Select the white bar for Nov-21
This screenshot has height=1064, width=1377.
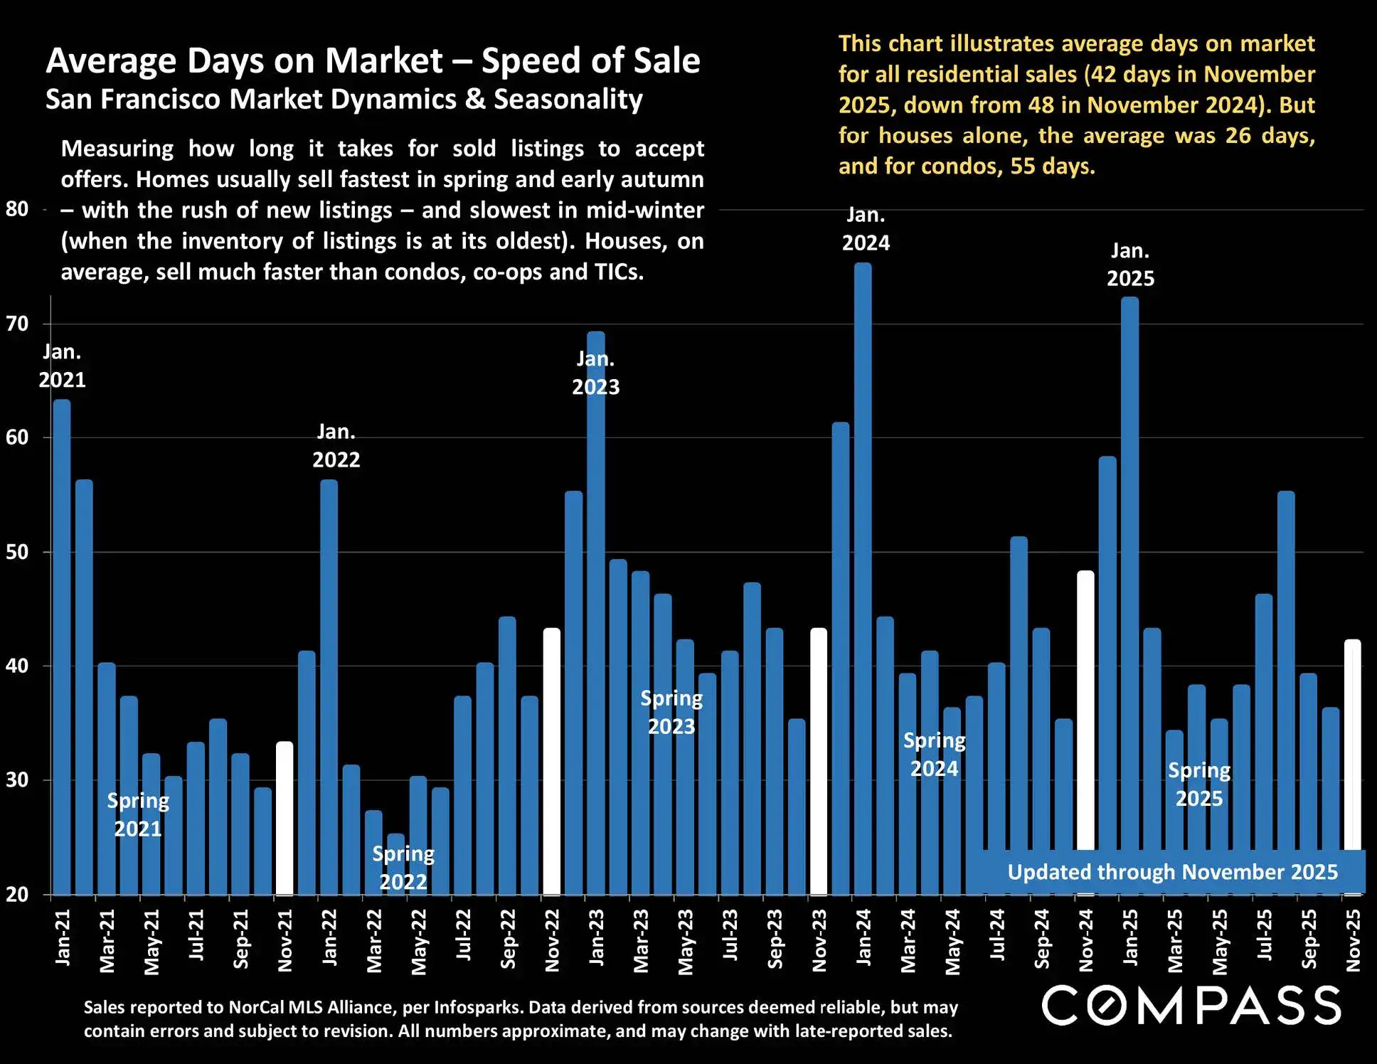point(285,818)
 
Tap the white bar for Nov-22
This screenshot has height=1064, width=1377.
point(552,761)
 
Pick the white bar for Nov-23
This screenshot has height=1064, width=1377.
point(819,761)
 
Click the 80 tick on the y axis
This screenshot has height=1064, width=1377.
point(17,209)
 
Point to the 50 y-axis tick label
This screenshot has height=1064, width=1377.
point(17,552)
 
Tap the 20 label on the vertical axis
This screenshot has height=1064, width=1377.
point(17,895)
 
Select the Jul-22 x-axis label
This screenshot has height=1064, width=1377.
point(463,936)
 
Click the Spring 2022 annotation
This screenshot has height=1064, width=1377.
point(403,868)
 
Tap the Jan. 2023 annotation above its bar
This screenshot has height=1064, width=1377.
point(596,373)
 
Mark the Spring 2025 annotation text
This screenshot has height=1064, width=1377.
point(1199,784)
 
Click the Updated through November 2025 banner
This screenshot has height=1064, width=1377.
point(1172,872)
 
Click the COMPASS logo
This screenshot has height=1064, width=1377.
point(1191,1006)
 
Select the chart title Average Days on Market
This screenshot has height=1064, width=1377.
point(373,60)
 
